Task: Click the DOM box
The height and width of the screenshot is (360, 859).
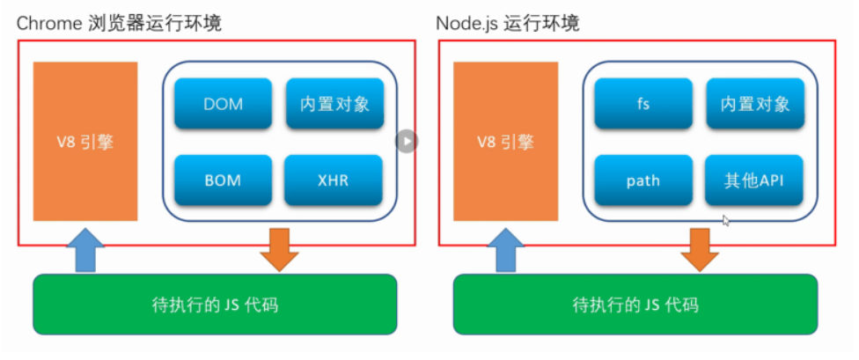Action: (223, 104)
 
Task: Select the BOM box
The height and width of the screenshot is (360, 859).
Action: (223, 180)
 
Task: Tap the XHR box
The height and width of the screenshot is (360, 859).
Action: (334, 180)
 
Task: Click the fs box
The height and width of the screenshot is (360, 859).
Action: (643, 104)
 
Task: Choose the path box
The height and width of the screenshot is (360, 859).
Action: (643, 180)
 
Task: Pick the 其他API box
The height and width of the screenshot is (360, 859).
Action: (754, 180)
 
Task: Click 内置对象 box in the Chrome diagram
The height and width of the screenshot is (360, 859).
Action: (334, 104)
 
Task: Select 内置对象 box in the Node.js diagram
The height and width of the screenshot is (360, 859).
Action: (754, 104)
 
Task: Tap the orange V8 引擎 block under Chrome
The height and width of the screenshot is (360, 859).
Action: (85, 141)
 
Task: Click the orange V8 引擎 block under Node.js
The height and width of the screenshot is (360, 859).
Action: (506, 141)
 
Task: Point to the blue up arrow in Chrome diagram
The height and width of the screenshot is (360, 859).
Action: (85, 249)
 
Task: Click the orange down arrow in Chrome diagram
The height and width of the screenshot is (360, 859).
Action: (280, 247)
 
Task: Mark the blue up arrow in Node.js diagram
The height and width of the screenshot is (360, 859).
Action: (506, 249)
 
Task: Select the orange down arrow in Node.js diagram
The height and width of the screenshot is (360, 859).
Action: (701, 247)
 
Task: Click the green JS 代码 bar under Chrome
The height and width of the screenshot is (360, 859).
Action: (215, 305)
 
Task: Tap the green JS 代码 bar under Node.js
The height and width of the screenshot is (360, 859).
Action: (635, 305)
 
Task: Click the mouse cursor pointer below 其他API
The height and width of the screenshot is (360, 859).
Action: (724, 221)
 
